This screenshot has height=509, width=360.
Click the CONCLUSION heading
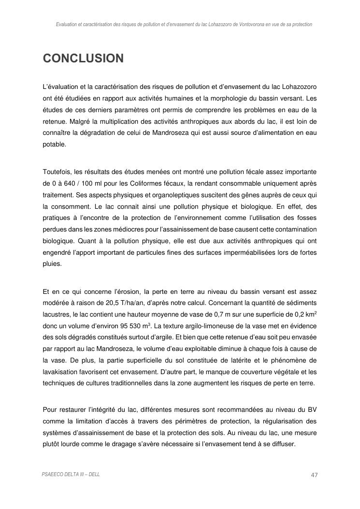click(x=83, y=58)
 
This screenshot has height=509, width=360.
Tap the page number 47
click(x=314, y=475)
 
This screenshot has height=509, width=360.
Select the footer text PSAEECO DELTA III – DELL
click(x=71, y=475)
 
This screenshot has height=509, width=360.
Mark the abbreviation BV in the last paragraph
click(x=311, y=409)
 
